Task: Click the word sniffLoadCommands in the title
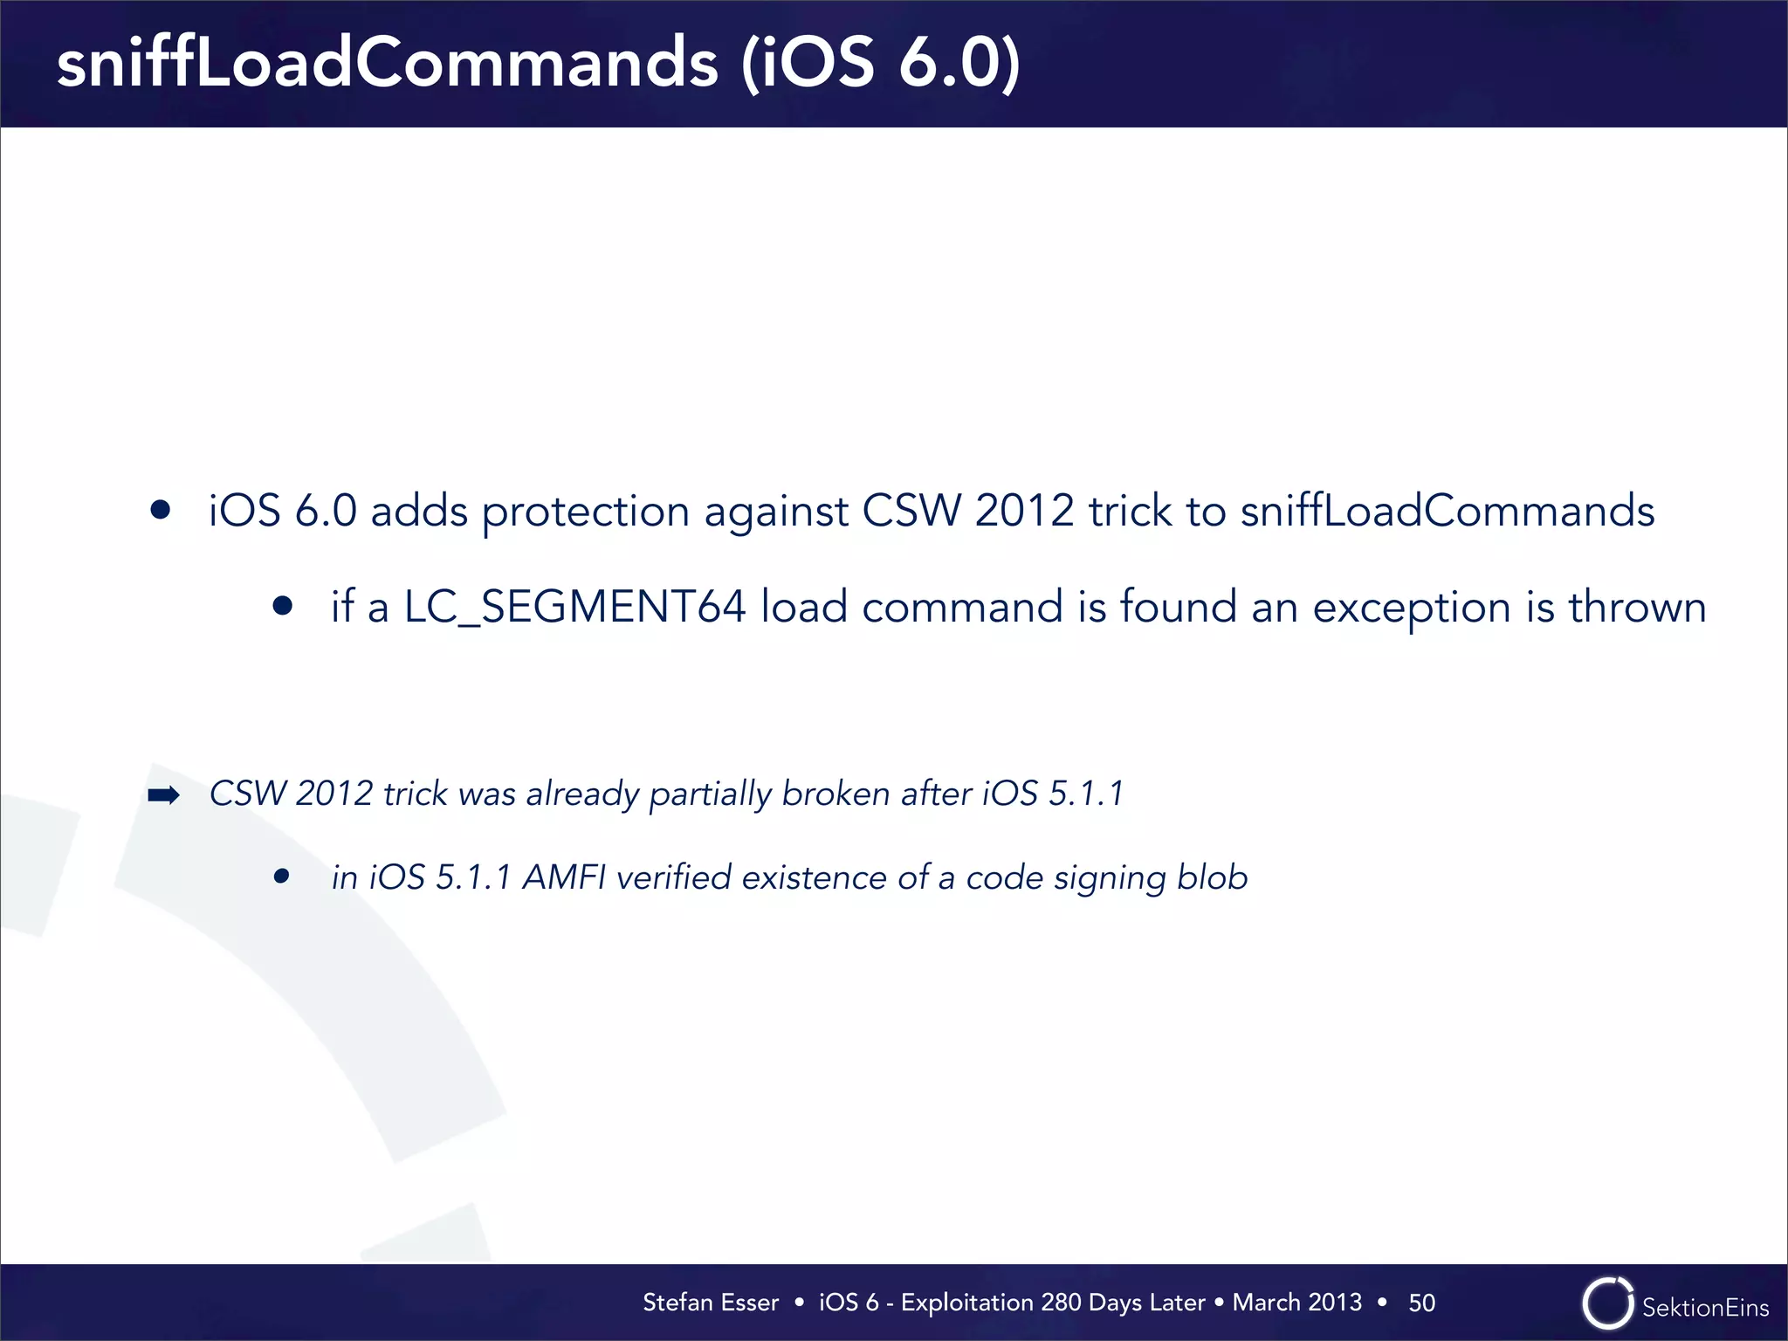point(388,64)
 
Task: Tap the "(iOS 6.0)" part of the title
point(880,64)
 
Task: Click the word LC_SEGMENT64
point(574,607)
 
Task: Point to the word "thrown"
point(1637,607)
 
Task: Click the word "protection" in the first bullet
point(585,512)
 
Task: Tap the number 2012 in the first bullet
point(1024,511)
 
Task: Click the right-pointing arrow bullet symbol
point(163,794)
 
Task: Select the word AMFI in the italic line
point(564,877)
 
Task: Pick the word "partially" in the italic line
point(711,794)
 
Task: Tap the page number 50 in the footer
point(1421,1303)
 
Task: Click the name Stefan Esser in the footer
point(711,1303)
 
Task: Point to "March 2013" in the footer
point(1296,1303)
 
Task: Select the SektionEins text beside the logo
point(1705,1307)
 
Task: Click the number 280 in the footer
point(1061,1303)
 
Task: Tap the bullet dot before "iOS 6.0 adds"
point(160,510)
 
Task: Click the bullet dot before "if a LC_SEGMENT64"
point(282,606)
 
